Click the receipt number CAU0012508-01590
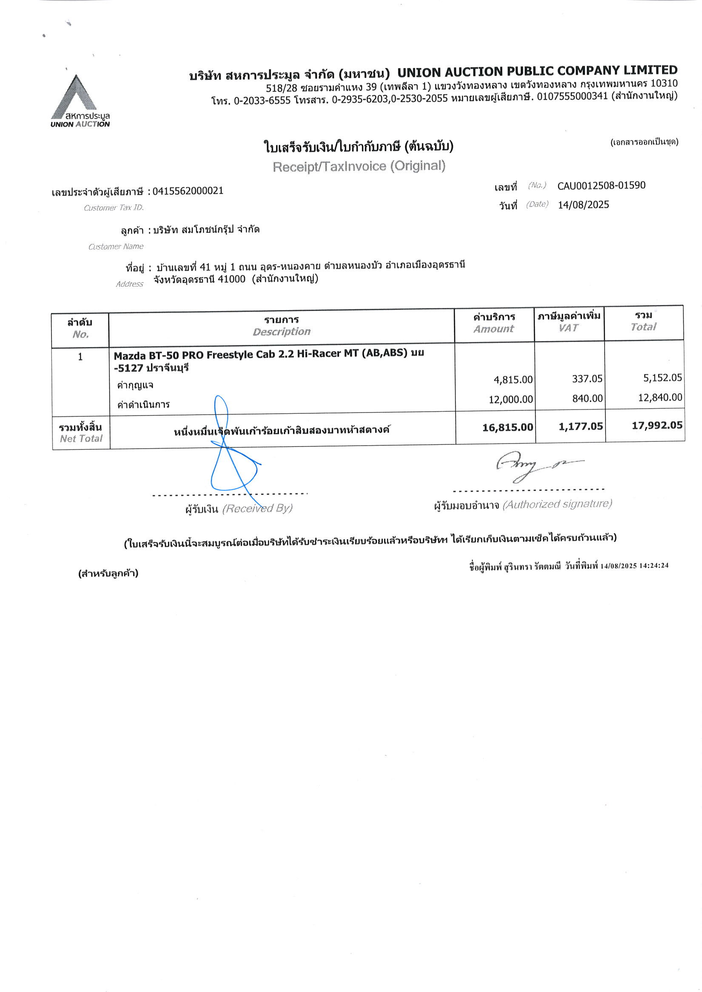601,186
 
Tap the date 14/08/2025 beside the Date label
583,205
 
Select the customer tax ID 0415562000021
188,191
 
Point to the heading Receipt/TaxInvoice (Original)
358,167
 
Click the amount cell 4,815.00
513,380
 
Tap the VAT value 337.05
587,379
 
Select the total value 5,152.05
662,378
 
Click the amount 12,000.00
510,400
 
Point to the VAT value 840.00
587,398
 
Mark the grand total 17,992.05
657,426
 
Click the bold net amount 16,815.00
507,427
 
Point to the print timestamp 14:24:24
654,565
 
